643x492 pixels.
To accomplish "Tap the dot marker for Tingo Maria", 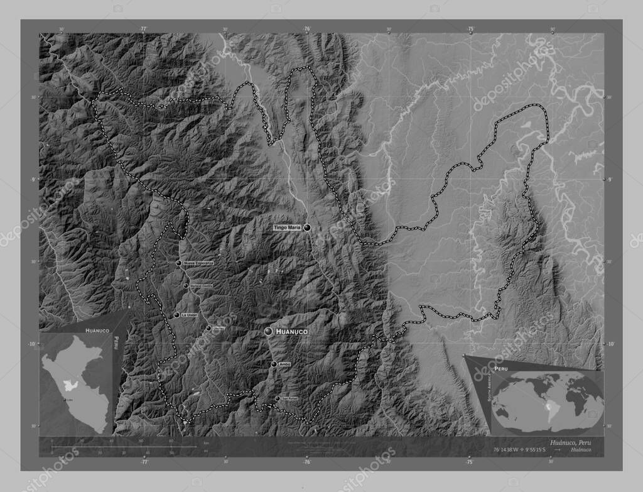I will click(307, 229).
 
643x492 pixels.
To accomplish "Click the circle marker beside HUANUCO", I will click(269, 331).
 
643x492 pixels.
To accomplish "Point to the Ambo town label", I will click(285, 364).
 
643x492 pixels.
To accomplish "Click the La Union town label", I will click(189, 315).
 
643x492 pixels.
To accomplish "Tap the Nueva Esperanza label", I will click(198, 263).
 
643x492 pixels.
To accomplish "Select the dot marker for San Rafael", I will click(278, 398).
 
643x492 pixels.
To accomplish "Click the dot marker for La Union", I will click(176, 315).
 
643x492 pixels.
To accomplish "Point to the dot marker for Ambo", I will click(274, 364).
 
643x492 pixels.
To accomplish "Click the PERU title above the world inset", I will click(501, 365).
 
